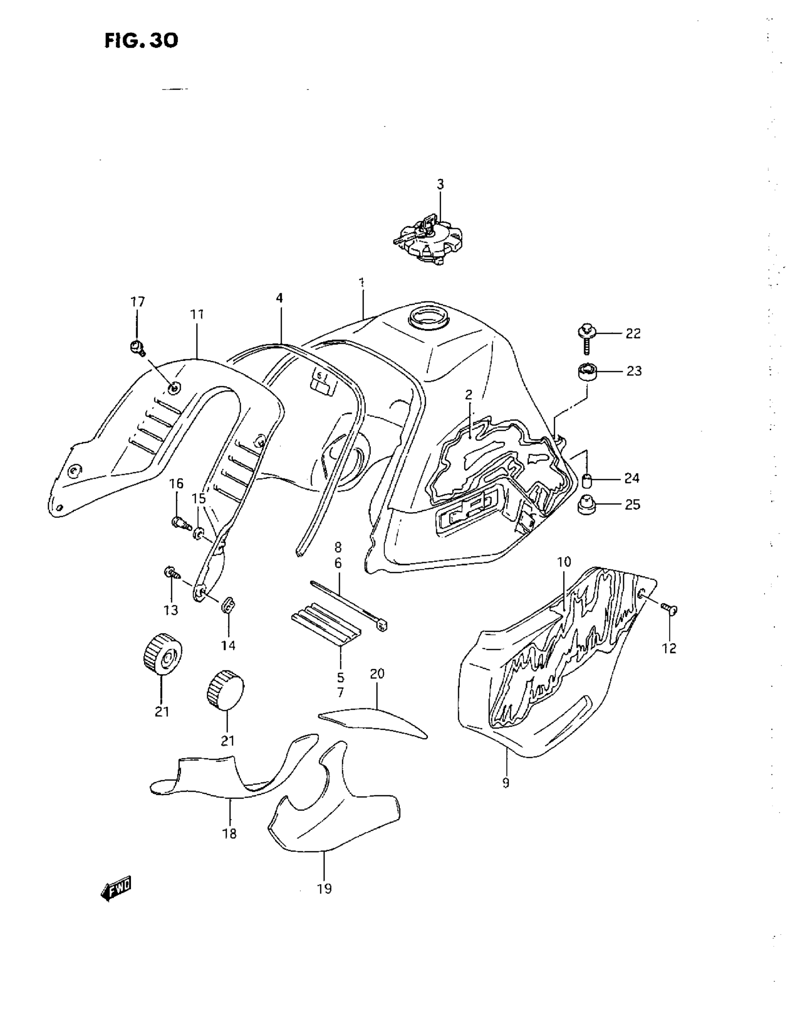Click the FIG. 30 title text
pos(141,41)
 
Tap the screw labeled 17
pos(137,347)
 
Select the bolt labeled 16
pos(180,523)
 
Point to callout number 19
pos(324,889)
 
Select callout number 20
pos(377,674)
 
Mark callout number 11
pos(197,315)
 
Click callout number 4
pos(279,299)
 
